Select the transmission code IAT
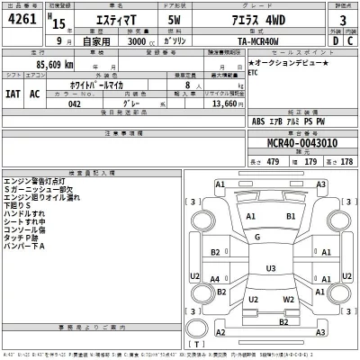[13, 93]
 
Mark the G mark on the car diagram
[257, 238]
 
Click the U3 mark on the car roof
[270, 267]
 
